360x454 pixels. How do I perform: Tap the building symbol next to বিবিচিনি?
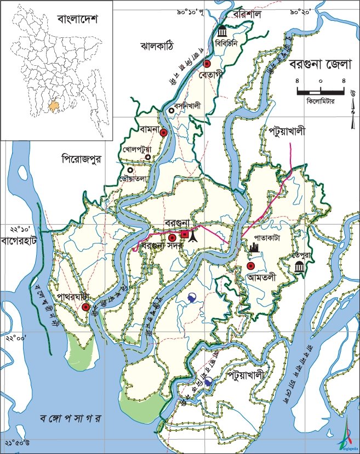coord(222,30)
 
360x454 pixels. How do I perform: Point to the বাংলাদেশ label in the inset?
coord(77,20)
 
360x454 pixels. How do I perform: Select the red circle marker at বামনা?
coord(163,132)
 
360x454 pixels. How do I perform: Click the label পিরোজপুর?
coord(83,159)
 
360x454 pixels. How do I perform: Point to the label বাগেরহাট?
coord(19,240)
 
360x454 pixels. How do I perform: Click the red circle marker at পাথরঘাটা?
coord(86,308)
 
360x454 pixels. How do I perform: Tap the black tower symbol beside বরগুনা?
coord(192,236)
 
